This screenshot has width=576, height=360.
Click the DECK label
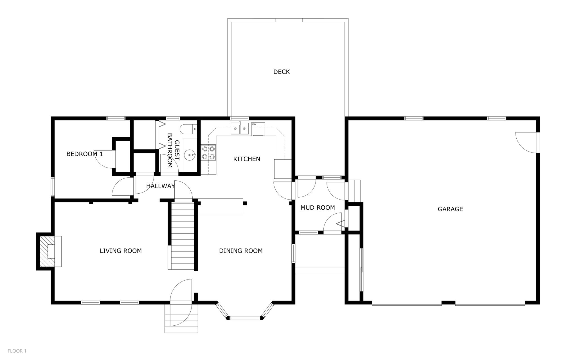point(282,72)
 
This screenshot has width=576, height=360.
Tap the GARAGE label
point(450,209)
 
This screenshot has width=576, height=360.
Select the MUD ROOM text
point(318,208)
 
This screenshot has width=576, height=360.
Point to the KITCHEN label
point(247,159)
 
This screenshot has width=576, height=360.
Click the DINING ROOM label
point(241,251)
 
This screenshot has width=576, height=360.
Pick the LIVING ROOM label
point(121,251)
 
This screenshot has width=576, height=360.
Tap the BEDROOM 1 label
point(85,154)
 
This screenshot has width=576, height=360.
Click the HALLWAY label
point(161,186)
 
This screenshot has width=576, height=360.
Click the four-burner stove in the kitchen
point(208,153)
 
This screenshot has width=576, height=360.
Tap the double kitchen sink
point(240,128)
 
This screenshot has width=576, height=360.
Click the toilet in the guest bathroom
point(188,129)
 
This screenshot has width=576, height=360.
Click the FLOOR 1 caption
point(17,351)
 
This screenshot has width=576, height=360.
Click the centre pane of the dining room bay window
point(245,318)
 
